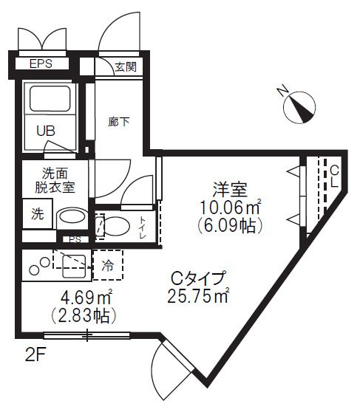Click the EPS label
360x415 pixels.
pyautogui.click(x=41, y=64)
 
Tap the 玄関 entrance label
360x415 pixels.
pyautogui.click(x=125, y=66)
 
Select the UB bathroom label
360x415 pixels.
pyautogui.click(x=45, y=130)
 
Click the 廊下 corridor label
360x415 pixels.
pyautogui.click(x=118, y=122)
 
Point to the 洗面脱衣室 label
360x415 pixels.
pyautogui.click(x=55, y=181)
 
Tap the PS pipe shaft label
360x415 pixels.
pyautogui.click(x=74, y=239)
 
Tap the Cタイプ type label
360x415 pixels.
pyautogui.click(x=198, y=278)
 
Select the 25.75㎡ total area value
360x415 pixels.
pyautogui.click(x=198, y=297)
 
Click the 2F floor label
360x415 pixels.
pyautogui.click(x=35, y=355)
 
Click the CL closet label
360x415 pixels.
pyautogui.click(x=334, y=175)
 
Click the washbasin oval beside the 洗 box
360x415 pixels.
pyautogui.click(x=70, y=218)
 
